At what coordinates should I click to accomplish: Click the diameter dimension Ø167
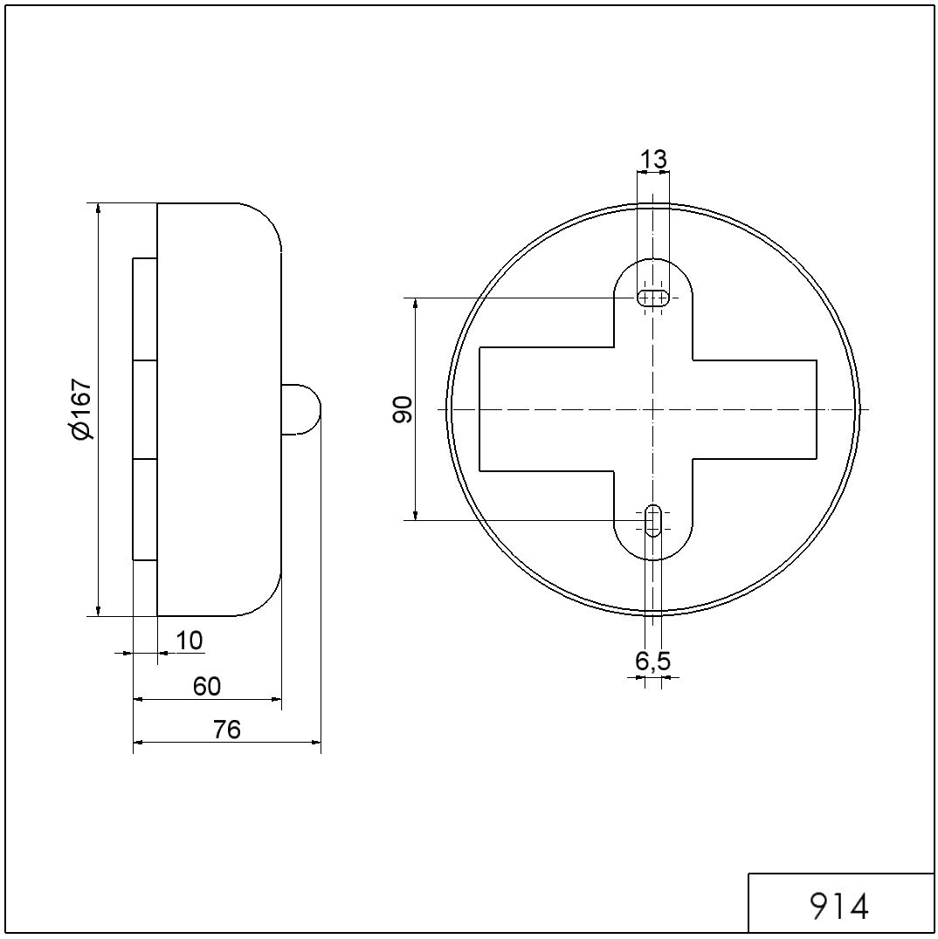81,409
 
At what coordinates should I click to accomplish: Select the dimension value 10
190,641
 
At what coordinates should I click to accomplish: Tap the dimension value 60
207,686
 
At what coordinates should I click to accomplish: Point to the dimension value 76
227,730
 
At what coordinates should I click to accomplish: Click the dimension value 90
403,409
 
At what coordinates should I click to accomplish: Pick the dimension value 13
652,160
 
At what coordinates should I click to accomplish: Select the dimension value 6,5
652,661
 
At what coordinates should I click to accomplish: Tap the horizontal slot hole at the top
653,298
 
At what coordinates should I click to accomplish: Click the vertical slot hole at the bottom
653,520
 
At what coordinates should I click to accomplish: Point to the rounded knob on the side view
301,409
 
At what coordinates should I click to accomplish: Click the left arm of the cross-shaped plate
546,409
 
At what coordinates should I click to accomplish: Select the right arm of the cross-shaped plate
755,409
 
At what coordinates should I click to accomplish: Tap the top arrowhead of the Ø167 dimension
99,208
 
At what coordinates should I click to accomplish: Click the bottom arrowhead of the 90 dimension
416,515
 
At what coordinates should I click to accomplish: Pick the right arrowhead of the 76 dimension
315,743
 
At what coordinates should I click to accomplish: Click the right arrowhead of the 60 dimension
276,699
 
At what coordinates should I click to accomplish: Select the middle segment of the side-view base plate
145,409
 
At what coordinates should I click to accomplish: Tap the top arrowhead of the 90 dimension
416,303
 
